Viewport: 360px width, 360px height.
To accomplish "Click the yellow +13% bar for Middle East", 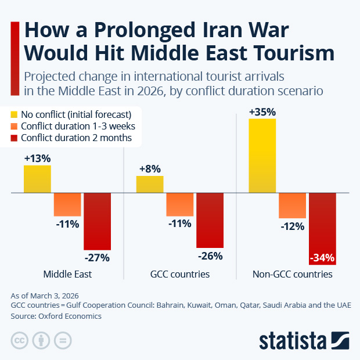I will tap(37, 179).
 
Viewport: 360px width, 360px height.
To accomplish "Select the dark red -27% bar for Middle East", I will tap(97, 221).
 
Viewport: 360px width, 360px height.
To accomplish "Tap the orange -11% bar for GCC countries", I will tap(179, 204).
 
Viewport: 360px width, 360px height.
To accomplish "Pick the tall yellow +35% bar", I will tap(262, 156).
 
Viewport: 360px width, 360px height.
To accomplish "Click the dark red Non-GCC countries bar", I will tap(322, 228).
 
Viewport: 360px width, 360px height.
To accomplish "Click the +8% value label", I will tap(150, 170).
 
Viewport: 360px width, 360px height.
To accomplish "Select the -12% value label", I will tap(292, 226).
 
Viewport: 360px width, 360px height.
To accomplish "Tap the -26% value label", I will tap(210, 255).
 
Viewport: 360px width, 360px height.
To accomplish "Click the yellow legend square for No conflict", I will tap(15, 114).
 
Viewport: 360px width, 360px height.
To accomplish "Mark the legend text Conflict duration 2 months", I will tap(76, 138).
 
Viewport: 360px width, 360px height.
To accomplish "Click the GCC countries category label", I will tap(181, 274).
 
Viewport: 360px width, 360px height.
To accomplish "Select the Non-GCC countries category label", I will tap(292, 274).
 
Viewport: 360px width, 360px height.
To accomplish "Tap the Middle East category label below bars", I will tap(67, 274).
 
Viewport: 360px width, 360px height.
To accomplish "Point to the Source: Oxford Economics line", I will tap(56, 316).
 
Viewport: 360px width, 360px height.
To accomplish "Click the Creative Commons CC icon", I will tap(19, 340).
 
